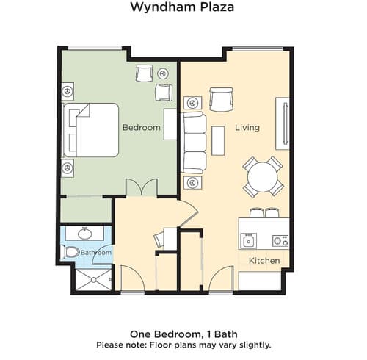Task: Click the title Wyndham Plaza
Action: (x=182, y=9)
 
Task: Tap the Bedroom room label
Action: (x=141, y=128)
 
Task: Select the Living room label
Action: (x=247, y=128)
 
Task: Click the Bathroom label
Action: (x=96, y=253)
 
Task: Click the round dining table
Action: (x=263, y=176)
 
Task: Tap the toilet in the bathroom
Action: (x=71, y=252)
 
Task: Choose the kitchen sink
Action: (x=249, y=240)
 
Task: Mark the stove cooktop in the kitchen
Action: (x=280, y=240)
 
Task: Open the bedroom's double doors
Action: (x=142, y=188)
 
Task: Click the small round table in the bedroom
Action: (x=162, y=73)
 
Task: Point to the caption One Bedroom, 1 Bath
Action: (x=183, y=331)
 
